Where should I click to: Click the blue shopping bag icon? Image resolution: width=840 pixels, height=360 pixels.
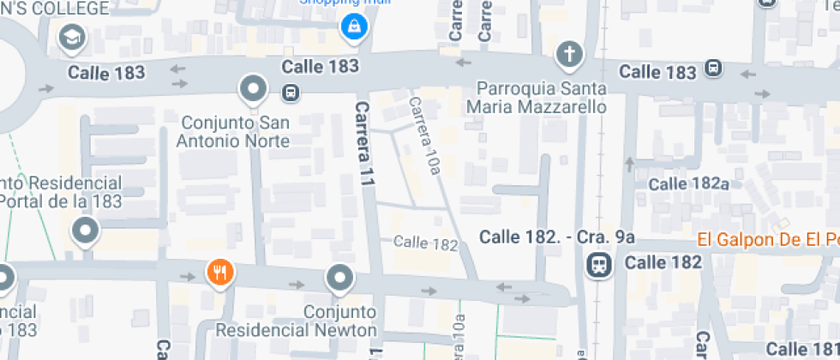(x=351, y=27)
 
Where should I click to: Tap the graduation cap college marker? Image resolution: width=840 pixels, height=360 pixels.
(x=71, y=38)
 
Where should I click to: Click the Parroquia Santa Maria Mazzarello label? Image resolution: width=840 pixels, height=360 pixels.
(x=537, y=97)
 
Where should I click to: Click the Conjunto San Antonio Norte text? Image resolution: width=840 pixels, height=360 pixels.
(x=233, y=131)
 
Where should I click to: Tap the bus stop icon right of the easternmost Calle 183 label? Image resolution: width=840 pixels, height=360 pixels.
(x=712, y=69)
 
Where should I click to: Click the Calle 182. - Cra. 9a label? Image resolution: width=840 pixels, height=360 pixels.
(x=557, y=236)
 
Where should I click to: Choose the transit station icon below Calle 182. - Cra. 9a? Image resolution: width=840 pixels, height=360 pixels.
(x=599, y=265)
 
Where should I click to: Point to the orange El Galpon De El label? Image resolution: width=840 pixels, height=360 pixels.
(x=767, y=239)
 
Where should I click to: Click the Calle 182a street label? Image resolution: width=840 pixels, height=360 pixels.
(x=688, y=183)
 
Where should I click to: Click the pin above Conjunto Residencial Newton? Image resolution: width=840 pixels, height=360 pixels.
(x=340, y=278)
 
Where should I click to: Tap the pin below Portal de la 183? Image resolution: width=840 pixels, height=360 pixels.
(x=85, y=231)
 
